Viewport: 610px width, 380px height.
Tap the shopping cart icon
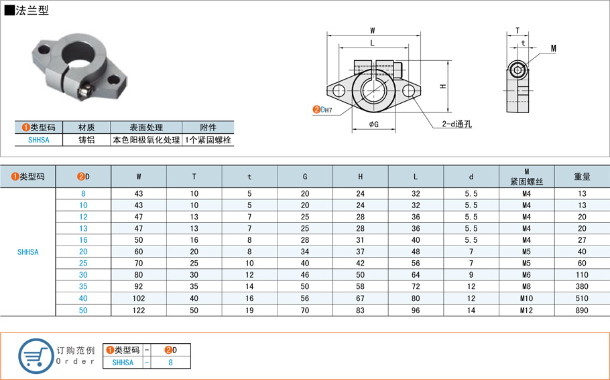click(x=36, y=356)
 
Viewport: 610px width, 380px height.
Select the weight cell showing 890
click(x=582, y=310)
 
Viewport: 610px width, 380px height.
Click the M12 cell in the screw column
click(x=526, y=310)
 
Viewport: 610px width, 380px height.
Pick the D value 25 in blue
click(x=83, y=264)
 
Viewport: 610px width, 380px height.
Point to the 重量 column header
click(x=582, y=177)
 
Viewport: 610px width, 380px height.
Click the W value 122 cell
click(x=139, y=310)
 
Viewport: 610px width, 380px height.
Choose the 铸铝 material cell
click(x=86, y=140)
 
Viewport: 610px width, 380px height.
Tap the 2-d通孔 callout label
click(x=456, y=124)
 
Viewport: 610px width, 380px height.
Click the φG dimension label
click(x=373, y=124)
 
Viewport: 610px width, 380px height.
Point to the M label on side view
click(x=554, y=48)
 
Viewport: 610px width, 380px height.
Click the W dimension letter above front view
click(x=372, y=31)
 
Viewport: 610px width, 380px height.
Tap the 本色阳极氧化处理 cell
click(x=146, y=140)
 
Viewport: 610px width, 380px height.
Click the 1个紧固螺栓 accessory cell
click(x=208, y=140)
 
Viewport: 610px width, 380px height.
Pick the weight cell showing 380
click(x=582, y=287)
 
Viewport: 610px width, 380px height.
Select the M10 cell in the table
click(x=526, y=298)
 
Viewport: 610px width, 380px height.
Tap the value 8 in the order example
click(x=170, y=363)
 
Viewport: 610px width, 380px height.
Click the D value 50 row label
click(x=83, y=310)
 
